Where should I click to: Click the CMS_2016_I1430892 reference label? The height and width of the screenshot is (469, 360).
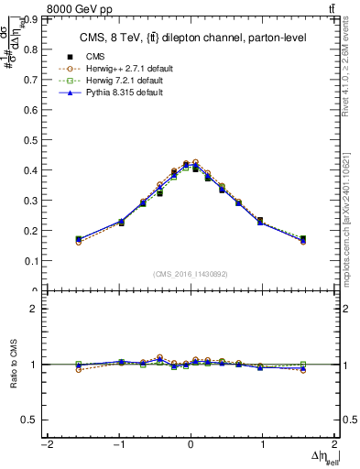(190, 274)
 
